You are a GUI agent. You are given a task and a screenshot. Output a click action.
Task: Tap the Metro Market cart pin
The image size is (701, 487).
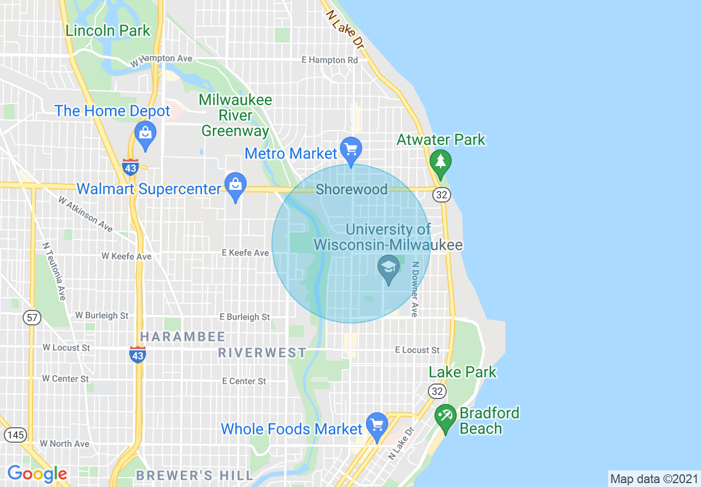(350, 150)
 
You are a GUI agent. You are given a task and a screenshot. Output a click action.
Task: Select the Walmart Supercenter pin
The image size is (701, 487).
(236, 185)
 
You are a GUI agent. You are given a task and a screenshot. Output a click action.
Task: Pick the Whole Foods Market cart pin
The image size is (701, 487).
(377, 426)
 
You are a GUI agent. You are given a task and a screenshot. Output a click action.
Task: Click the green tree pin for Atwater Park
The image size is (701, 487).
(441, 162)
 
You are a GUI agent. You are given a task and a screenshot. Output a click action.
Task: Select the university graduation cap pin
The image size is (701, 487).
(389, 269)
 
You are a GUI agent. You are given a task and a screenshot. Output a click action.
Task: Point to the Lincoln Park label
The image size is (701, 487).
(108, 30)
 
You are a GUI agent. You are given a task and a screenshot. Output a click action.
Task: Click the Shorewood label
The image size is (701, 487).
(352, 190)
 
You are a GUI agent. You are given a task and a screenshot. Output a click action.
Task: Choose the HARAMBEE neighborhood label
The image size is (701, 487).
(182, 336)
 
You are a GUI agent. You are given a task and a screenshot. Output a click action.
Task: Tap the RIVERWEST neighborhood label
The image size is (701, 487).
(262, 353)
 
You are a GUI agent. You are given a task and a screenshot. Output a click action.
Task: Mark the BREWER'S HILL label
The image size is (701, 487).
(195, 475)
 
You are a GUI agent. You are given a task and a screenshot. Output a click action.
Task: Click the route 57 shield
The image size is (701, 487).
(32, 318)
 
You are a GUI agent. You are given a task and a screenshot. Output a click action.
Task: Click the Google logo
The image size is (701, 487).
(37, 474)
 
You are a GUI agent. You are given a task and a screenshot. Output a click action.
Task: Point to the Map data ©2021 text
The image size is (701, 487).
(653, 478)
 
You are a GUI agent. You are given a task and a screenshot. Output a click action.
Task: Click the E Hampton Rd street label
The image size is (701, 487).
(329, 60)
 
